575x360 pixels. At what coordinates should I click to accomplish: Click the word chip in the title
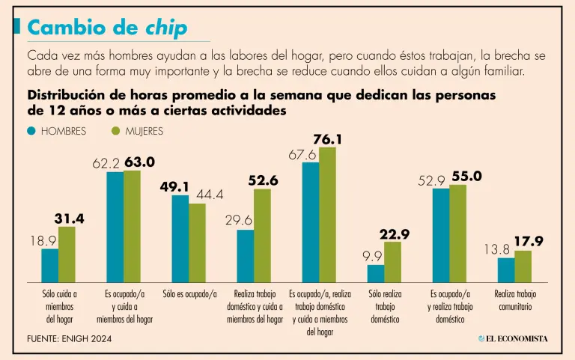[x=166, y=28]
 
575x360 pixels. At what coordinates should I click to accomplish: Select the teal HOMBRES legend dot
[x=31, y=131]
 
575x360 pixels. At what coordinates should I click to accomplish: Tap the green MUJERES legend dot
[x=115, y=131]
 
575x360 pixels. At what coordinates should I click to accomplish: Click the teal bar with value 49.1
[x=180, y=237]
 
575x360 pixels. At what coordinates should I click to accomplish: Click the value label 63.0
[x=139, y=162]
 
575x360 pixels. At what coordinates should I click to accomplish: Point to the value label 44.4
[x=210, y=195]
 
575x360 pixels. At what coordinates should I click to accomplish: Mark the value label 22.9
[x=394, y=234]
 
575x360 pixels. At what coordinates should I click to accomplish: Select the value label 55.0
[x=466, y=176]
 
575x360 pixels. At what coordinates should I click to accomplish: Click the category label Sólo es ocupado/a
[x=189, y=294]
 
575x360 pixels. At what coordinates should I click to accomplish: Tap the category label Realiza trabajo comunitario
[x=515, y=300]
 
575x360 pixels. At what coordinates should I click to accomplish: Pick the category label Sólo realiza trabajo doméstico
[x=384, y=306]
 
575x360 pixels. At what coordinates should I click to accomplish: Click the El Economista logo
[x=513, y=338]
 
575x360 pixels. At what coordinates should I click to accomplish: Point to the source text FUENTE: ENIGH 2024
[x=67, y=339]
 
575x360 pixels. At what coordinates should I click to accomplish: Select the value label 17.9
[x=529, y=241]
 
